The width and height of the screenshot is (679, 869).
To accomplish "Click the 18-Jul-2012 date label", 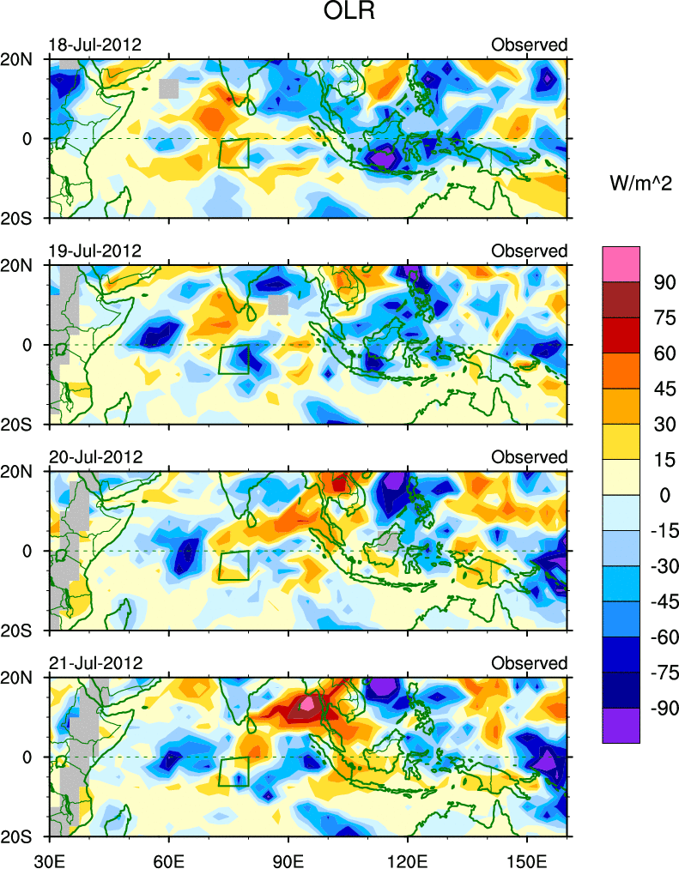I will point(94,45).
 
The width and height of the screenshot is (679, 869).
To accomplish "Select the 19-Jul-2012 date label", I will point(94,250).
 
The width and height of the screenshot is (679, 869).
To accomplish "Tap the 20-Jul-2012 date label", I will point(94,456).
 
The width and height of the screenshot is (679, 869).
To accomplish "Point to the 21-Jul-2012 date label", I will point(94,663).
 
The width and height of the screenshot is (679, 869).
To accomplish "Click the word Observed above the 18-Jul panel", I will point(529,45).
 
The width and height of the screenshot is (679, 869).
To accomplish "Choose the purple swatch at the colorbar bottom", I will point(621,725).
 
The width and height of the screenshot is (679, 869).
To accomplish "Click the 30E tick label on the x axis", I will point(48,855).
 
